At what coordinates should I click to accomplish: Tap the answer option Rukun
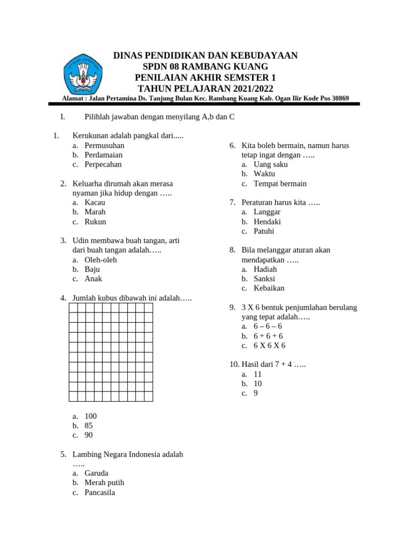click(95, 222)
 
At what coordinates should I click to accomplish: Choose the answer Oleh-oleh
click(101, 260)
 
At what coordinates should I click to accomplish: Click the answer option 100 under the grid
click(90, 416)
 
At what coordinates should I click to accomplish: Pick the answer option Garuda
click(96, 473)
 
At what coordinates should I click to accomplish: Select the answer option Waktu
click(264, 174)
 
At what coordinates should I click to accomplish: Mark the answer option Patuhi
click(264, 231)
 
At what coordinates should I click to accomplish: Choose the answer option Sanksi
click(264, 278)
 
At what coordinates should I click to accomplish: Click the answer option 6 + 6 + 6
click(268, 336)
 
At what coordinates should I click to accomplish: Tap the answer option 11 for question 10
click(258, 374)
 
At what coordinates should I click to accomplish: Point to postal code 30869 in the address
click(338, 98)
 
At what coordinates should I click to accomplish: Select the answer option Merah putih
click(104, 483)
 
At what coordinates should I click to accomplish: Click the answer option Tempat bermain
click(280, 183)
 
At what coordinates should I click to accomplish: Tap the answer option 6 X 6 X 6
click(270, 346)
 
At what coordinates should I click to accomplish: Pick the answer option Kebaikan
click(269, 288)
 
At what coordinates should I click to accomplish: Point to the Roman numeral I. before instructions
click(63, 117)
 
